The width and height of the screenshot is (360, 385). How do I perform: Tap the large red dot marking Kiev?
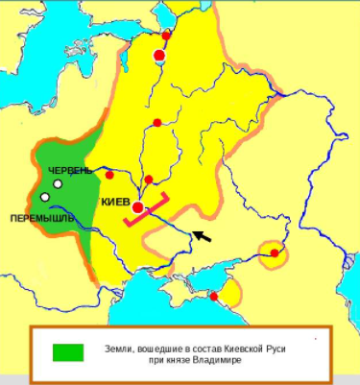(x=138, y=207)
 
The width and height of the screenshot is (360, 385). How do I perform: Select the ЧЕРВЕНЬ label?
(x=70, y=170)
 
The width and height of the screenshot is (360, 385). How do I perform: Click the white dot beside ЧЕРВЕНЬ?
(x=59, y=183)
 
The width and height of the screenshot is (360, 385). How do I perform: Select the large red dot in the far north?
(x=159, y=56)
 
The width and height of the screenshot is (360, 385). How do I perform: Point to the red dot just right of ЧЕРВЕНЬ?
(x=109, y=175)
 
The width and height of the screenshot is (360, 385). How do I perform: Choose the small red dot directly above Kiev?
(x=149, y=180)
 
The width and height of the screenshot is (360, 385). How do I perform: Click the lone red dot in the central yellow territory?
(x=156, y=122)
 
